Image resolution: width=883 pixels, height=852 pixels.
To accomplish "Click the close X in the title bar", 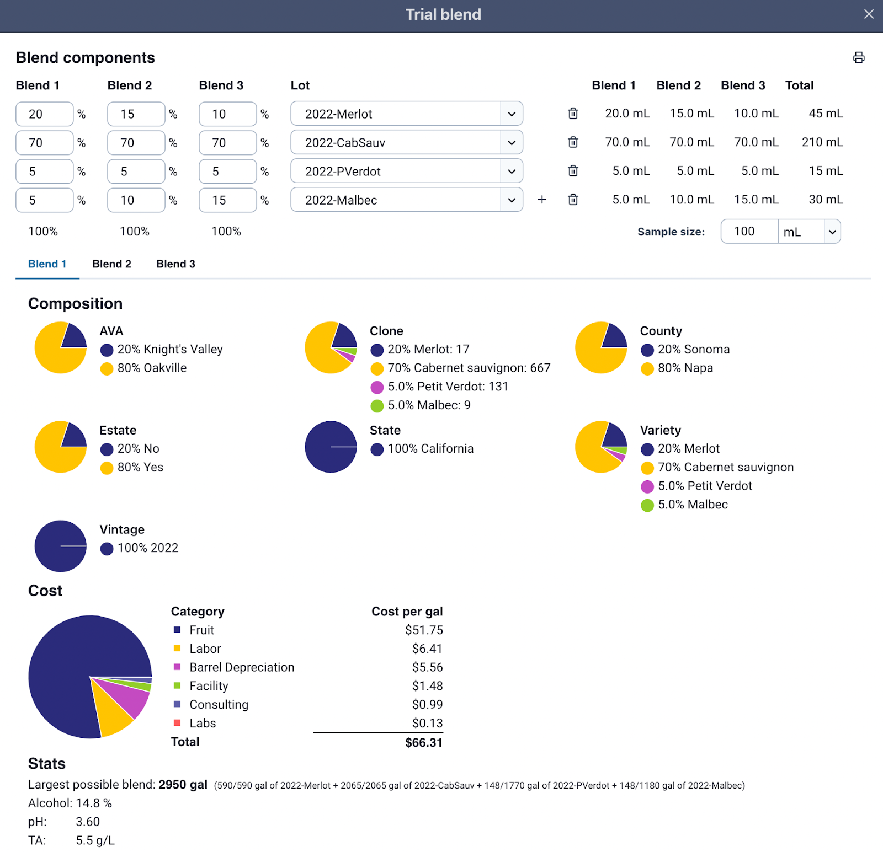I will (x=869, y=14).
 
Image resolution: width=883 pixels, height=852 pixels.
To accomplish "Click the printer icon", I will (x=859, y=57).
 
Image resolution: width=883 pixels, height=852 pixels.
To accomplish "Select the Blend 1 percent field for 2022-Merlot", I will (x=44, y=114).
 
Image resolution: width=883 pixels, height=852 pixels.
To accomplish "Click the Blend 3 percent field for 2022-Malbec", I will (x=227, y=200).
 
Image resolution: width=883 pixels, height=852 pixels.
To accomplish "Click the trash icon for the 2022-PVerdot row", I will (x=573, y=171).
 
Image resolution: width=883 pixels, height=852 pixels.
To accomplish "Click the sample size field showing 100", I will (x=749, y=232).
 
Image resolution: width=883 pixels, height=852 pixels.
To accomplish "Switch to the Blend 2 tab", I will (x=111, y=264).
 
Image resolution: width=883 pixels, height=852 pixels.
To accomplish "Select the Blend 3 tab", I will (x=175, y=264).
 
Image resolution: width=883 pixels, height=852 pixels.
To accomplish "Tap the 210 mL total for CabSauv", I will (x=822, y=142).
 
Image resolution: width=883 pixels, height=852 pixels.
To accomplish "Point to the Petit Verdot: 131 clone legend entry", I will (x=448, y=387).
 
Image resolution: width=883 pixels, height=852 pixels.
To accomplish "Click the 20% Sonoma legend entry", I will (x=693, y=350).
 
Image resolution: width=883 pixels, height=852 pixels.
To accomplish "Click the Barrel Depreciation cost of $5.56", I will (x=427, y=667).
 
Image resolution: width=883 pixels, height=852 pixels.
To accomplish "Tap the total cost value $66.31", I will (x=423, y=743).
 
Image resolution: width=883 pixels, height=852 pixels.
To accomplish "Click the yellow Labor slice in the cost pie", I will (x=114, y=715).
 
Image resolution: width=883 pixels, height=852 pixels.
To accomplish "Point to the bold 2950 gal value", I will (x=183, y=785).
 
